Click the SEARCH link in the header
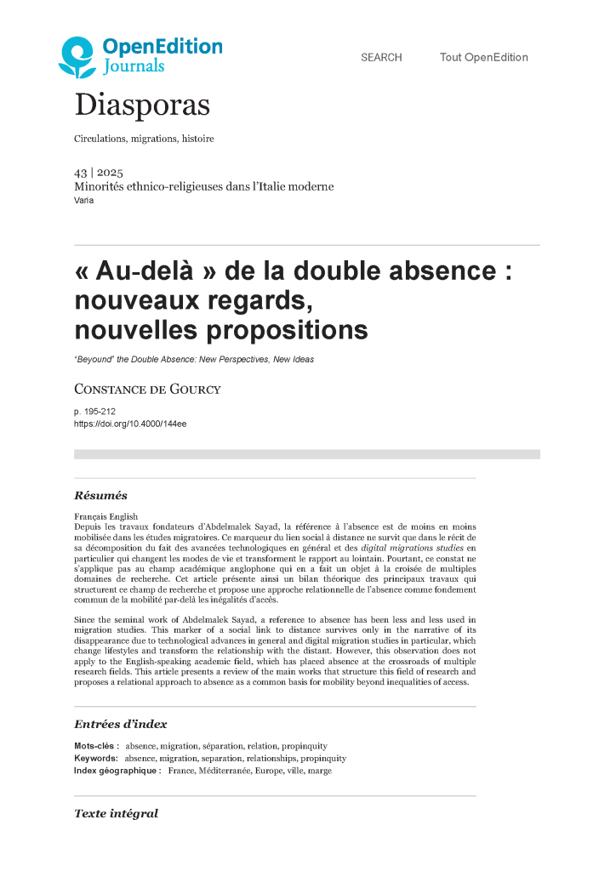click(x=381, y=58)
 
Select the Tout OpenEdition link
click(x=483, y=58)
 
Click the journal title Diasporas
click(x=142, y=105)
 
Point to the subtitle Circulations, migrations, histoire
click(x=144, y=139)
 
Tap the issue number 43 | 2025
click(x=99, y=173)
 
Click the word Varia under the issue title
click(x=84, y=201)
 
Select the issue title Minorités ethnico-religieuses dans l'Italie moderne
click(x=204, y=187)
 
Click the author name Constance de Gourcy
click(x=147, y=390)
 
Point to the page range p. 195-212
click(x=100, y=412)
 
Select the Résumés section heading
click(x=100, y=496)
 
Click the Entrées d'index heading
click(x=120, y=724)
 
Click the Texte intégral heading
click(x=116, y=814)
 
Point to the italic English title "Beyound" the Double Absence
click(x=194, y=360)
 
